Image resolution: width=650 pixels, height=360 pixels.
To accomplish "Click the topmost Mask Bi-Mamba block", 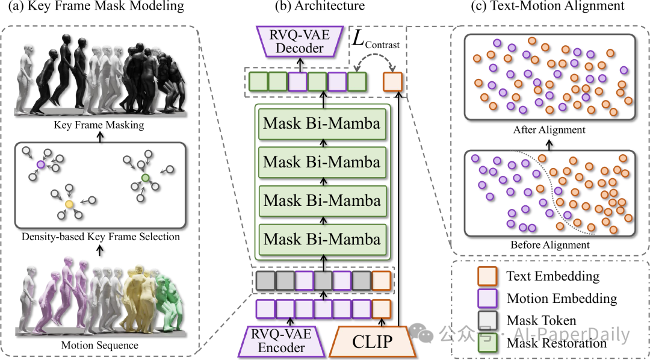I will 322,124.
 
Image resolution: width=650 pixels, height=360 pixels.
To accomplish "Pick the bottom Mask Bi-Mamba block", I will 322,238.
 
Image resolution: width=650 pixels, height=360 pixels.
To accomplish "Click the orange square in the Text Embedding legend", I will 485,276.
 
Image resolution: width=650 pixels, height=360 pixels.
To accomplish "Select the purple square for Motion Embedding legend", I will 485,299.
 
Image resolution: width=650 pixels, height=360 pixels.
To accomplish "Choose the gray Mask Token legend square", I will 485,321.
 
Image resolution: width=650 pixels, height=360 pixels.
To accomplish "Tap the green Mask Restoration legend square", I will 485,343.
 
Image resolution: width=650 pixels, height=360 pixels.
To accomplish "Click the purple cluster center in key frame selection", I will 40,164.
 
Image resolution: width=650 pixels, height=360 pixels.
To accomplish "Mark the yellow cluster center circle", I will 69,205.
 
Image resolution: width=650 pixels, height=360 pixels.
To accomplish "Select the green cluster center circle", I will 144,177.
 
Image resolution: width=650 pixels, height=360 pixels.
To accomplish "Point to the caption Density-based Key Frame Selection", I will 100,237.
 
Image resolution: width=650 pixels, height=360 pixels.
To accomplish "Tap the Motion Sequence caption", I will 100,346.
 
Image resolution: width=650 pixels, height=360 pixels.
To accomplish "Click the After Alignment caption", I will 549,129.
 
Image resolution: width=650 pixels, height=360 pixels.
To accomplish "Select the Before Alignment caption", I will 549,245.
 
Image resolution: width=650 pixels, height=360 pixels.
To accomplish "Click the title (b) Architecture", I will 319,7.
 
